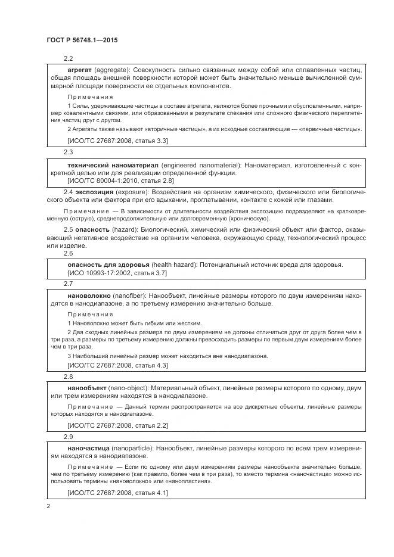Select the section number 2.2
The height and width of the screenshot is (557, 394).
click(68, 58)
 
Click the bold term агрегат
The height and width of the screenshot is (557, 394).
click(80, 70)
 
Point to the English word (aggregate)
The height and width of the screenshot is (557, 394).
click(113, 70)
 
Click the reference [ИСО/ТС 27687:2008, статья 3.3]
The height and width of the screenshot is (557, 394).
click(118, 141)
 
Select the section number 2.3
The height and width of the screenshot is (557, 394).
click(68, 153)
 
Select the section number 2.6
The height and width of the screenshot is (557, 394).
click(68, 253)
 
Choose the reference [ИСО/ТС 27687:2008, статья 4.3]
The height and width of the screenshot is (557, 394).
click(118, 365)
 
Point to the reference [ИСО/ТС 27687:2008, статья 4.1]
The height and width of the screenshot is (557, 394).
click(118, 493)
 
